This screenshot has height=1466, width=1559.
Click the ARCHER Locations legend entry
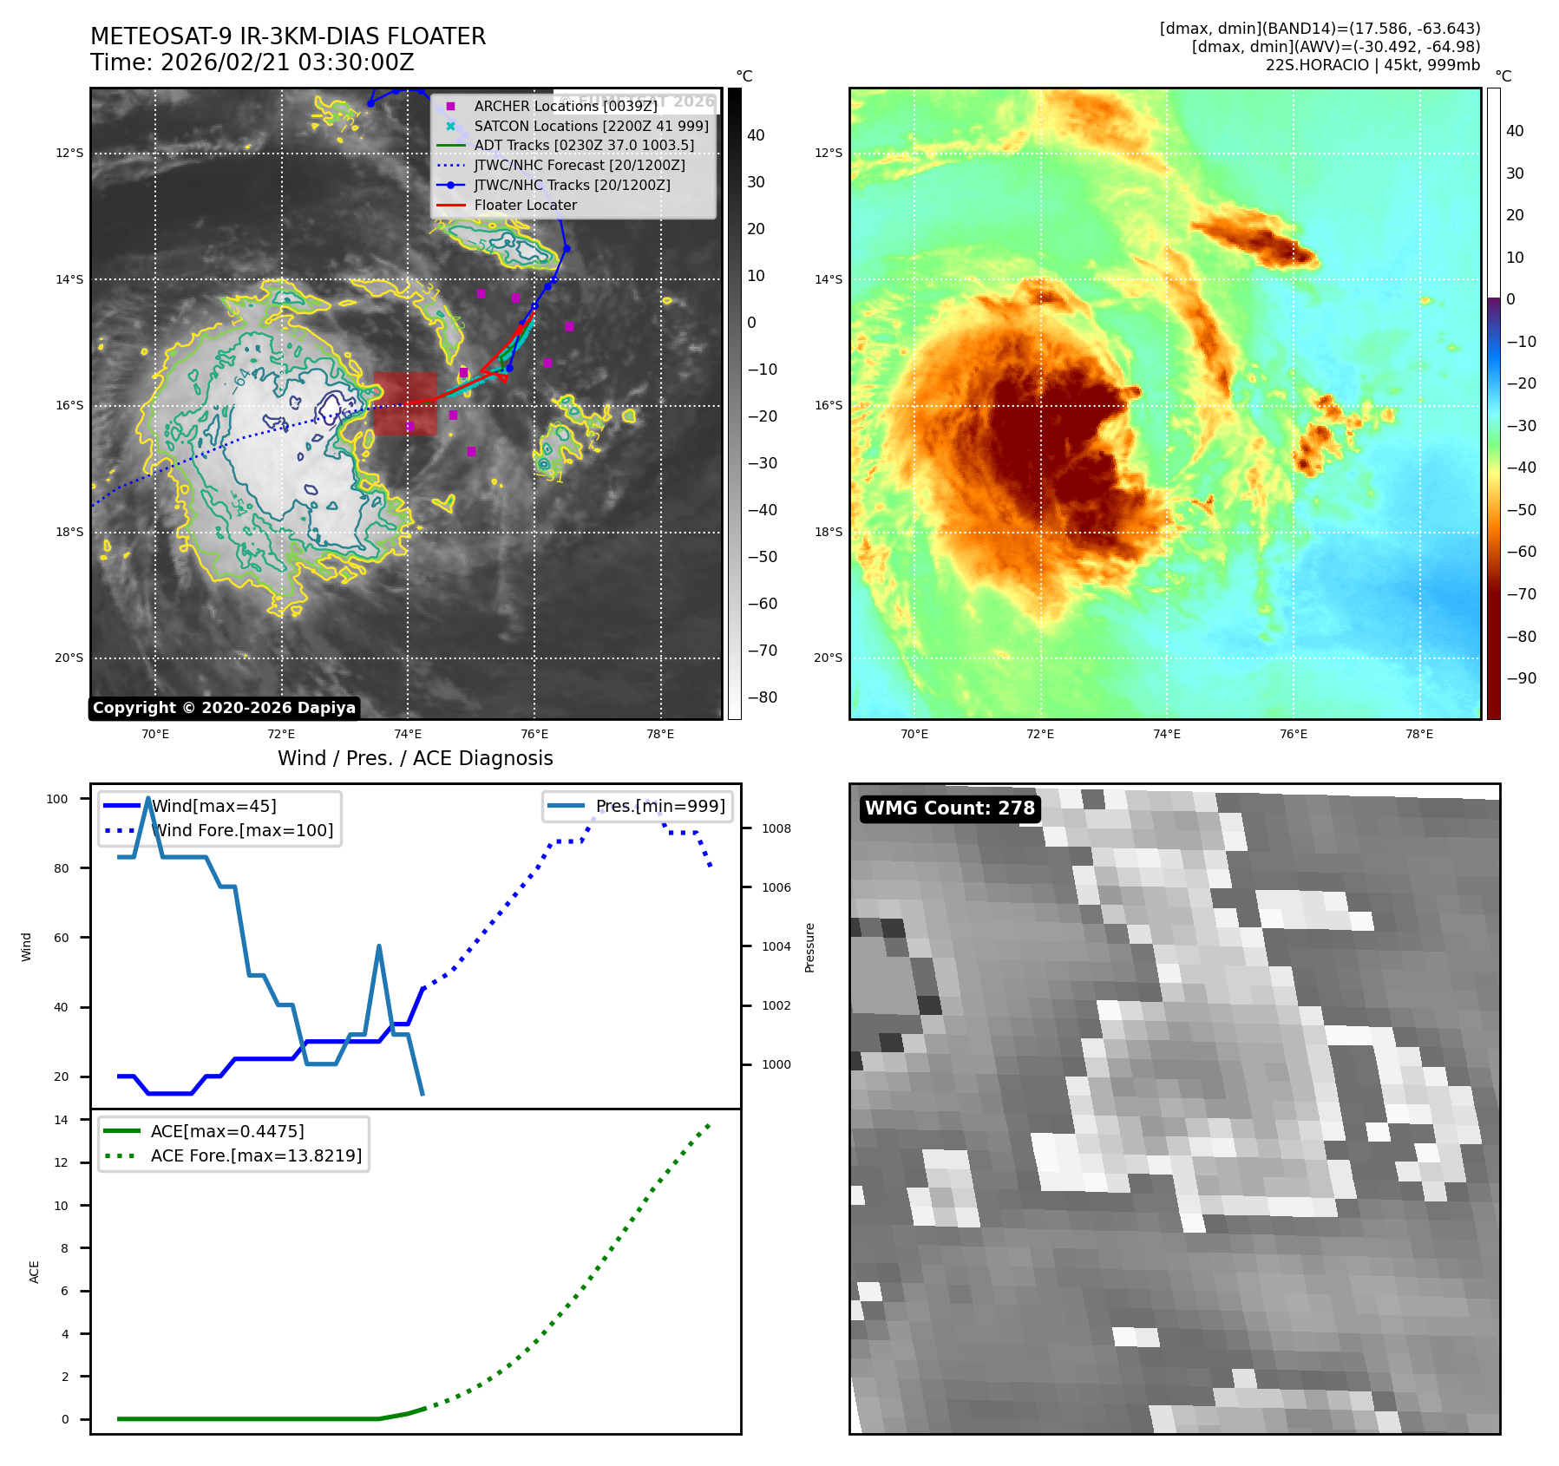[x=565, y=106]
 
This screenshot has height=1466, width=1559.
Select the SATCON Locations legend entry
[x=591, y=126]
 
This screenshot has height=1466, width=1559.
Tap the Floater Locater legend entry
[x=525, y=205]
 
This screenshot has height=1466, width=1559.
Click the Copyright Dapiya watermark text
[x=224, y=708]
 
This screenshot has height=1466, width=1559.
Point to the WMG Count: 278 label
[x=950, y=808]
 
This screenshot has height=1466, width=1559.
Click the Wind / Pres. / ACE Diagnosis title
[x=415, y=758]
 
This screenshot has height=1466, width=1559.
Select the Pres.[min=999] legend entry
[x=660, y=806]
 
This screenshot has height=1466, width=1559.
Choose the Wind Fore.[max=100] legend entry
[x=242, y=830]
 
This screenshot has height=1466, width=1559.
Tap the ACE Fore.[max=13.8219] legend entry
[x=256, y=1155]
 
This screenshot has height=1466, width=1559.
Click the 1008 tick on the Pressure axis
[x=776, y=828]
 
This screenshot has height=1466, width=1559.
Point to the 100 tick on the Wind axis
[x=57, y=799]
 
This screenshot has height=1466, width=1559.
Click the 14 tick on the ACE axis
[x=62, y=1120]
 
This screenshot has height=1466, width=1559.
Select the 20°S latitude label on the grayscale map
[x=69, y=658]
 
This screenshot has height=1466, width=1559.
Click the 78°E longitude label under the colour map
[x=1419, y=734]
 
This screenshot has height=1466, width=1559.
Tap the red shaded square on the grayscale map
[x=405, y=403]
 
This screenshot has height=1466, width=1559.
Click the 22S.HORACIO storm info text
[x=1372, y=65]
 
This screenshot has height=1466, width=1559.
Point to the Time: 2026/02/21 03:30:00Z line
[x=252, y=62]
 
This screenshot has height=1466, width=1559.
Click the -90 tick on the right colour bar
[x=1521, y=678]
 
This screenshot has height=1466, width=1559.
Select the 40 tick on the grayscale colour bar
[x=756, y=135]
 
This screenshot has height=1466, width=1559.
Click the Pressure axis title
[x=809, y=947]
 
